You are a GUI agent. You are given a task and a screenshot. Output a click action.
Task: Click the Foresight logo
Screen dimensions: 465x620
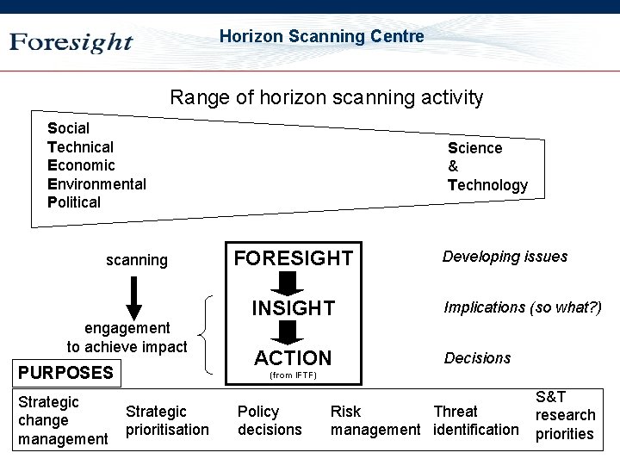tap(71, 42)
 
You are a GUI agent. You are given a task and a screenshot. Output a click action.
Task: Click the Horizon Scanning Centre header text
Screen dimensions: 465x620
tap(321, 36)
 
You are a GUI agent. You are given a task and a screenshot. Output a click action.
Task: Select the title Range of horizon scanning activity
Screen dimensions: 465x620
tap(326, 97)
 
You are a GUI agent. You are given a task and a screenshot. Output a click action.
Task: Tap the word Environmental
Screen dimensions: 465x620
tap(96, 183)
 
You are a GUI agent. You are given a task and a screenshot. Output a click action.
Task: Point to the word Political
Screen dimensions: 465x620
tap(74, 202)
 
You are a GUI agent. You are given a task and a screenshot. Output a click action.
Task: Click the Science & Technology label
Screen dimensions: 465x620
tap(487, 166)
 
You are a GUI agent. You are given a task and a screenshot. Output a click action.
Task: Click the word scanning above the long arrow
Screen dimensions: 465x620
tap(137, 260)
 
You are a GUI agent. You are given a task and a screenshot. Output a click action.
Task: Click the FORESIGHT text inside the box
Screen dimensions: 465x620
tap(293, 257)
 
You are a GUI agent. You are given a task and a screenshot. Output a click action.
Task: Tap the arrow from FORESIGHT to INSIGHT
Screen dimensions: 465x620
tap(293, 282)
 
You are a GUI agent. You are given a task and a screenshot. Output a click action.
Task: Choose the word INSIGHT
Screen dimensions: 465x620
tap(293, 307)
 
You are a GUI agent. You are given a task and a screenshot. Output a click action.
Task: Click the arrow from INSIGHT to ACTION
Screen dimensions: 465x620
tap(293, 332)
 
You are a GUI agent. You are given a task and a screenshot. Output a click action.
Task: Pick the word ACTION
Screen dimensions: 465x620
tap(293, 357)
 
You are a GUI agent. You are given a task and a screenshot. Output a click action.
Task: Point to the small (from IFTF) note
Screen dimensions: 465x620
tap(293, 375)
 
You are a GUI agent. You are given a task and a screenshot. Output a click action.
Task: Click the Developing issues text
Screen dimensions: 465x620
tap(505, 257)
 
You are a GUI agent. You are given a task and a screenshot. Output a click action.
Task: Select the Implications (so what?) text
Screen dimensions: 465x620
tap(522, 307)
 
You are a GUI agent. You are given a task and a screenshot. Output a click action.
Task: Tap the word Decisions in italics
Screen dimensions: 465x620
tap(477, 358)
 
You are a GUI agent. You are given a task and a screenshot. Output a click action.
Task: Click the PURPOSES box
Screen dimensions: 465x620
tap(66, 373)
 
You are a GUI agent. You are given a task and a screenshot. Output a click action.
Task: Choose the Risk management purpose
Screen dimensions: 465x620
tap(375, 420)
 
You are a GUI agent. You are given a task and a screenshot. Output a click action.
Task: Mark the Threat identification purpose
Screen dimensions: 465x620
tap(476, 420)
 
